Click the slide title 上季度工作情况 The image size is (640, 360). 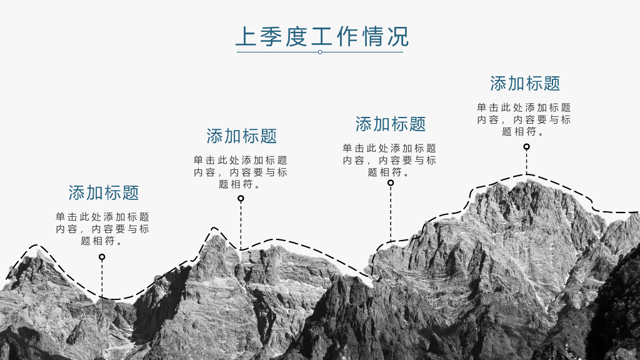(322, 36)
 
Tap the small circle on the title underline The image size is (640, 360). (320, 52)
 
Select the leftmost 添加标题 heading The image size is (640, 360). (104, 192)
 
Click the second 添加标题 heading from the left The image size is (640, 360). (241, 136)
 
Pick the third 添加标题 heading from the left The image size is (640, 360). (391, 124)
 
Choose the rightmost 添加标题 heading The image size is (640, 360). (525, 83)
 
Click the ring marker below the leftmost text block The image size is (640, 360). (102, 257)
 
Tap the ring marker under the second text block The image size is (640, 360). (241, 199)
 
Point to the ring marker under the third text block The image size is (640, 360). (391, 183)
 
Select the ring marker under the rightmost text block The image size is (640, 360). (526, 147)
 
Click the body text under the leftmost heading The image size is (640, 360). (102, 229)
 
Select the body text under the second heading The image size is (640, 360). (241, 172)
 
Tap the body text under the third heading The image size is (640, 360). (389, 160)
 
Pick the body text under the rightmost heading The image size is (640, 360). (524, 119)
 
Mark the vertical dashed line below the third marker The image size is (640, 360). (391, 212)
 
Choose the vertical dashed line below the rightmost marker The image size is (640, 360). (526, 162)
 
